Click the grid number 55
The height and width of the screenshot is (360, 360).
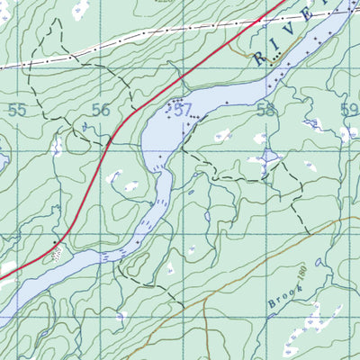16,110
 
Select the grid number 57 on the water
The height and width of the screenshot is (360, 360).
184,110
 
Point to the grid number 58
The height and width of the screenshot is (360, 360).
265,110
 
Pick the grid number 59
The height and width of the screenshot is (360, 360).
349,110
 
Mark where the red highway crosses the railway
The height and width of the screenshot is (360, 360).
261,19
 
